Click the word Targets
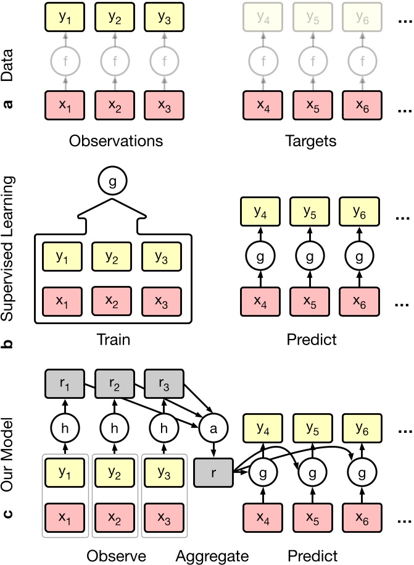point(311,141)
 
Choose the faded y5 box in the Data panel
point(312,18)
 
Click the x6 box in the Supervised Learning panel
point(362,303)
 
